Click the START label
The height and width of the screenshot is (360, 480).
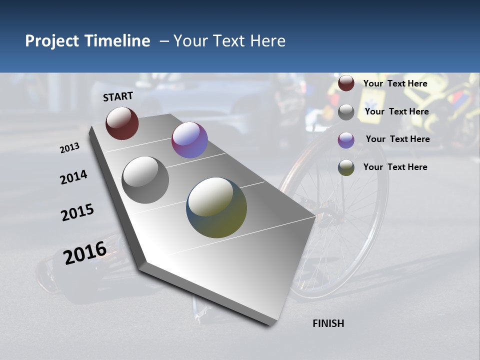(x=118, y=96)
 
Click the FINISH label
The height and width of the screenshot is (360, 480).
(x=328, y=323)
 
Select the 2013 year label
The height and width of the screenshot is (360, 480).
(x=69, y=148)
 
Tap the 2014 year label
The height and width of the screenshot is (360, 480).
(x=73, y=177)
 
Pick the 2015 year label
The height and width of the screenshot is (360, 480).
(x=77, y=212)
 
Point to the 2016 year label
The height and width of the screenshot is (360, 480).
(x=85, y=253)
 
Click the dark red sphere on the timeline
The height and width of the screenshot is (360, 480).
(x=122, y=123)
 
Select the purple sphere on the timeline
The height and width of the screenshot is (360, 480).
(x=189, y=140)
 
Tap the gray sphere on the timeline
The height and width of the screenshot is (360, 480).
(x=145, y=179)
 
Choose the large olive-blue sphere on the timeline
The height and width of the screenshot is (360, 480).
(x=216, y=207)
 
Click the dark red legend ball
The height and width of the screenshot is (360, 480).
(x=346, y=83)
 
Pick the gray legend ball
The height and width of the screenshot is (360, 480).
(x=346, y=112)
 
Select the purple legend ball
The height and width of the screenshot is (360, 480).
(x=346, y=140)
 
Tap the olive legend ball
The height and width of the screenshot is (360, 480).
(x=346, y=167)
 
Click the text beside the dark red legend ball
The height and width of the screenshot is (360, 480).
(x=395, y=83)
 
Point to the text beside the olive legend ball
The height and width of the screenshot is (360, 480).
(x=395, y=167)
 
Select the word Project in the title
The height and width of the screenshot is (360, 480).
(x=52, y=41)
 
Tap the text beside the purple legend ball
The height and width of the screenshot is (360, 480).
(x=397, y=139)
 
